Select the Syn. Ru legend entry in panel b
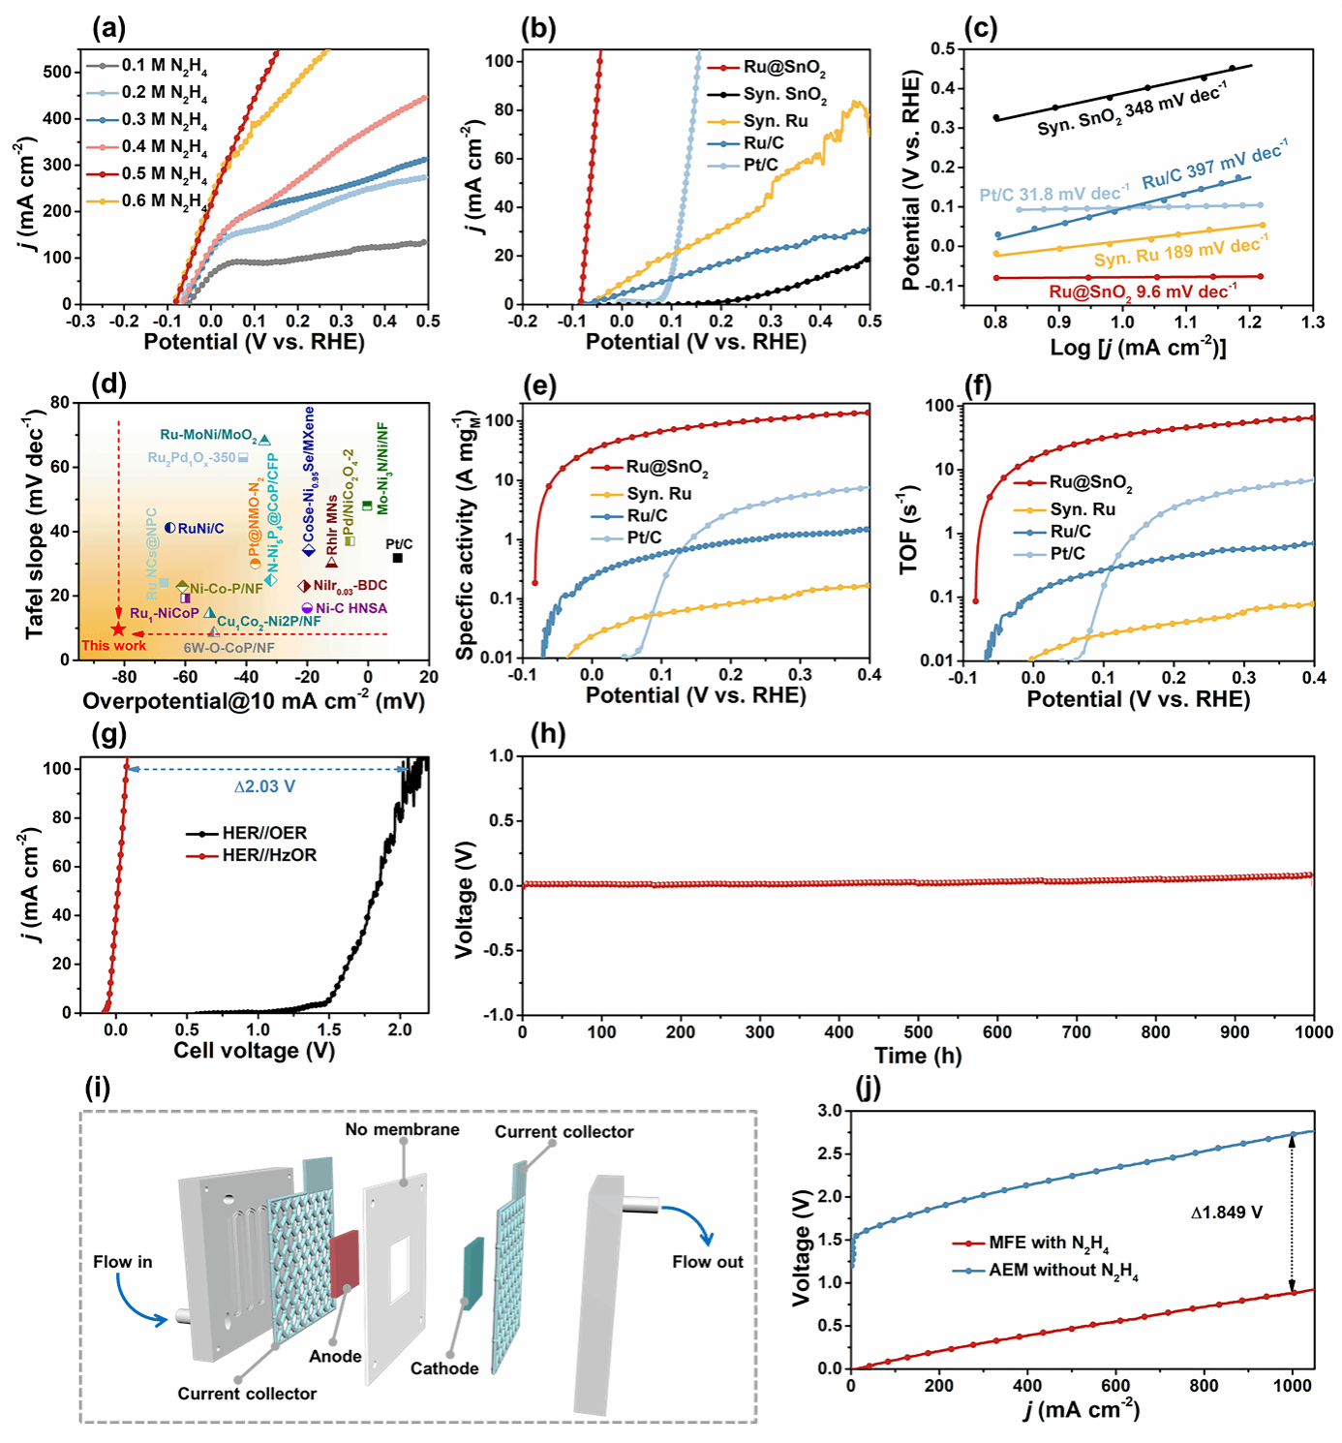tap(775, 121)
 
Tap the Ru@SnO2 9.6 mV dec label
tap(1143, 292)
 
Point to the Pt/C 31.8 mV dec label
tap(1053, 194)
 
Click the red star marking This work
tap(118, 629)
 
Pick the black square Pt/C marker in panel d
tap(398, 558)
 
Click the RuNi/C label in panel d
tap(200, 529)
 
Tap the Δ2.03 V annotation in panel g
tap(264, 786)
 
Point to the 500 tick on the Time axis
tap(918, 1032)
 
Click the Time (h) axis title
tap(918, 1056)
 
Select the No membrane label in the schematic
tap(402, 1130)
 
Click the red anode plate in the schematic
tap(344, 1264)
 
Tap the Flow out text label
tap(708, 1262)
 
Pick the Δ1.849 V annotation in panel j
tap(1227, 1212)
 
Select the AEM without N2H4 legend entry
tap(1062, 1271)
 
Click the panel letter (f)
tap(978, 386)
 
